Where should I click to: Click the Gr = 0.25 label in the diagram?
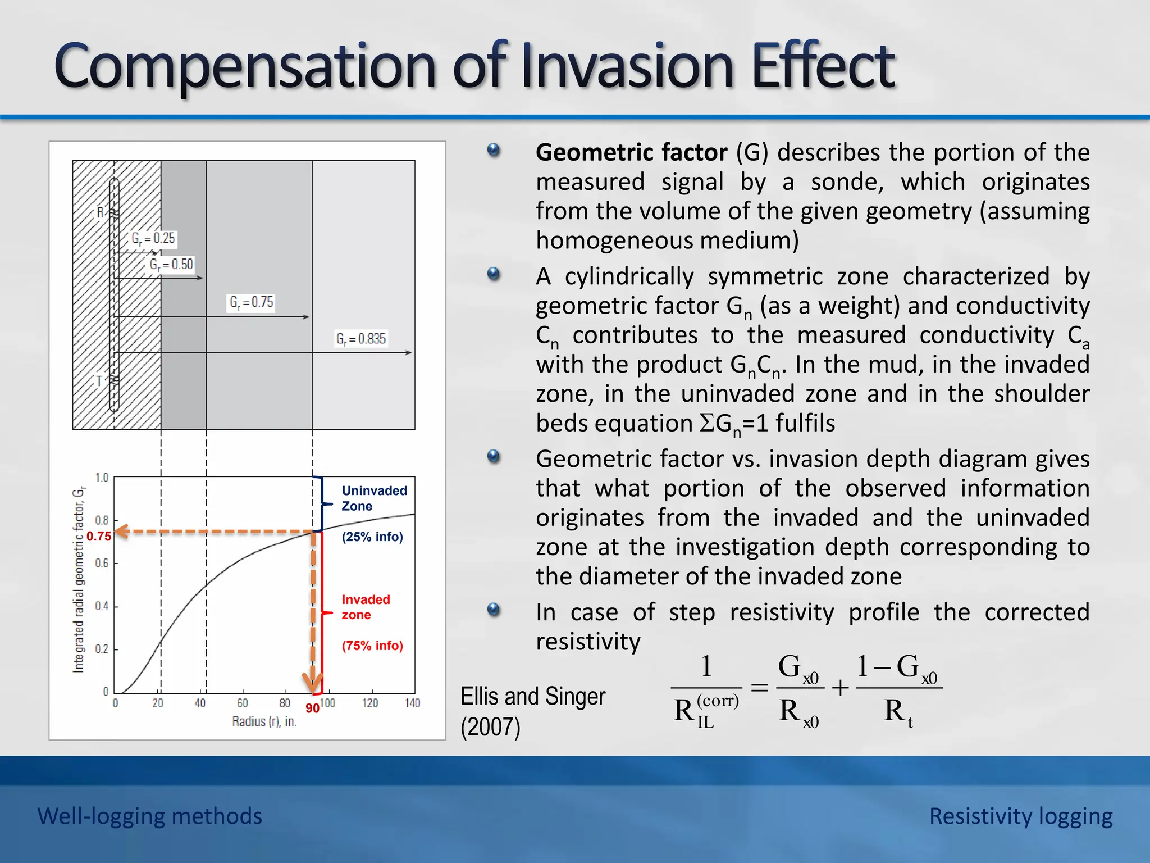pos(153,238)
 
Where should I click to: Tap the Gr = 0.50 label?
pos(171,265)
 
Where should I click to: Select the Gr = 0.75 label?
pos(251,302)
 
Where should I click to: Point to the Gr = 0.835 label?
pos(360,339)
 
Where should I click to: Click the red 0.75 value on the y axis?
pos(99,537)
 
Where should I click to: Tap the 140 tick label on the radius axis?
pos(412,703)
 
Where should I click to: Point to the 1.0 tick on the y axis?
pos(102,478)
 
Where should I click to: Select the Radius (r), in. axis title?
pos(264,722)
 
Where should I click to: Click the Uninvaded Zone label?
pos(373,498)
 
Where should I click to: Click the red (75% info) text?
pos(372,646)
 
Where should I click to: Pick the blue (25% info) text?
pos(372,537)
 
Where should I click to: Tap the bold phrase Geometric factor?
pos(631,152)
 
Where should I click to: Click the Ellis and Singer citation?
pos(532,711)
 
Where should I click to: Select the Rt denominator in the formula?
pos(898,712)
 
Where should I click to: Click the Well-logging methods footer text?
pos(149,816)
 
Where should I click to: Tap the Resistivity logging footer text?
pos(1020,816)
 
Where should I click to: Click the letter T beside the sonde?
pos(99,381)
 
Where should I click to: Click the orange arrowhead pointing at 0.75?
pos(122,532)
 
